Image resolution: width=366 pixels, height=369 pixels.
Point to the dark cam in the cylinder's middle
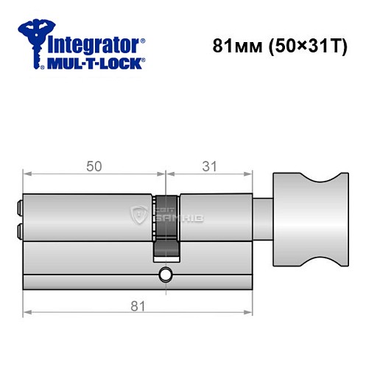click(166, 226)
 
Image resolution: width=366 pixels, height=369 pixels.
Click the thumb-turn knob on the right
click(312, 220)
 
